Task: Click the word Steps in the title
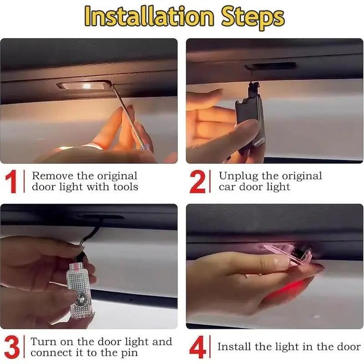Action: (253, 17)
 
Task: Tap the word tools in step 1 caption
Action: (123, 187)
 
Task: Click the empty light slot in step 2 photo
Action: (273, 66)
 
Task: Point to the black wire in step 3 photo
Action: (91, 234)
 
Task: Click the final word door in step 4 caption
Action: (348, 347)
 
